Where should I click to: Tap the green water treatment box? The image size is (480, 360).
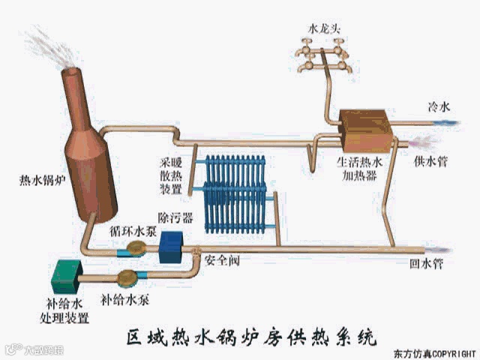point(66,277)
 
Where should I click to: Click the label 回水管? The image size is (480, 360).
point(425,263)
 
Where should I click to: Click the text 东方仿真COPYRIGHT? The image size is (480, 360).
point(435,353)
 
